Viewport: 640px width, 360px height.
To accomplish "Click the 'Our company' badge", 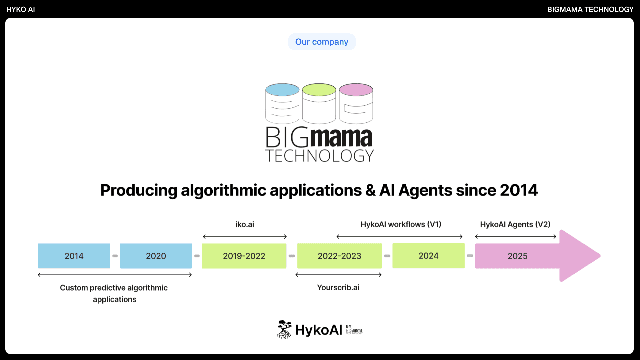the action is tap(322, 42).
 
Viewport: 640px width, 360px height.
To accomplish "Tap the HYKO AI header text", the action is tap(21, 9).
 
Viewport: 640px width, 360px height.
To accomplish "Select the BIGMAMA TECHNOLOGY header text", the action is tap(590, 9).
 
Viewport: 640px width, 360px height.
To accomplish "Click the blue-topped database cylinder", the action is tap(282, 104).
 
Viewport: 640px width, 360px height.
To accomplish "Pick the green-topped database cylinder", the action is tap(319, 104).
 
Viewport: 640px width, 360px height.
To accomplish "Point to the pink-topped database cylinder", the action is tap(356, 104).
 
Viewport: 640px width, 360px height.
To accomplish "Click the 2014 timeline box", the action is tap(74, 256).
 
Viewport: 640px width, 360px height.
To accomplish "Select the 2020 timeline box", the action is tap(156, 256).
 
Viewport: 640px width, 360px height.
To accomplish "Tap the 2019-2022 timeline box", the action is tap(244, 256).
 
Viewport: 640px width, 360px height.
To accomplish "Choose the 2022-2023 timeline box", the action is tap(339, 256).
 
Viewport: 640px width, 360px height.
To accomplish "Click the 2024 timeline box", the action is tap(428, 256).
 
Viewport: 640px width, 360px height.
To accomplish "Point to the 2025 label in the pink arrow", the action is tap(518, 256).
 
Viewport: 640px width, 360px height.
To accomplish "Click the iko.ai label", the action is tap(245, 224).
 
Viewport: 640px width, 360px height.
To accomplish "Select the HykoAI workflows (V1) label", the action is tap(401, 224).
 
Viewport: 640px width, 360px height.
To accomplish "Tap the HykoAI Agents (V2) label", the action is tap(515, 224).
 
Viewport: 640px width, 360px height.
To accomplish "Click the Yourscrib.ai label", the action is tap(338, 287).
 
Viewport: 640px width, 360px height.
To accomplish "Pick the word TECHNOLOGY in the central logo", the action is tap(319, 156).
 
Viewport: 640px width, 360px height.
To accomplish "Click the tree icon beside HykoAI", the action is tap(284, 329).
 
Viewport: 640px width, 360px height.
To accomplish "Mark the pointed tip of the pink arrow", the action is tap(600, 256).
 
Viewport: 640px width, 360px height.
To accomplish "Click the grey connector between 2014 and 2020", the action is tap(115, 256).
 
